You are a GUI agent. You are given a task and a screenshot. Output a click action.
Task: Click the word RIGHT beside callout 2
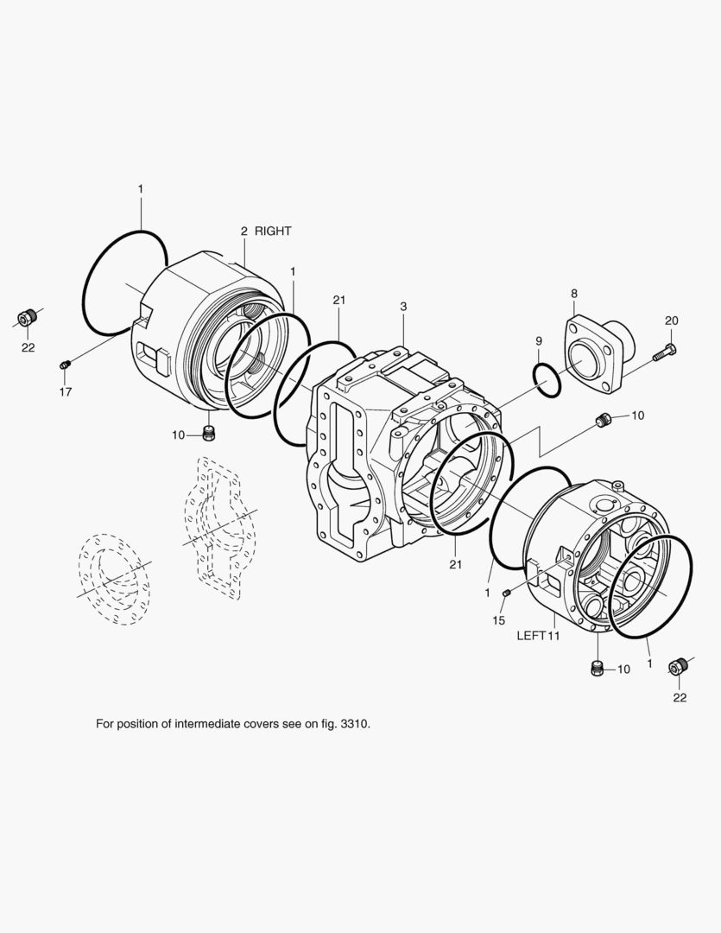click(x=273, y=231)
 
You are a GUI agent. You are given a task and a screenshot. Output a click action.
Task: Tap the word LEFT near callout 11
click(x=531, y=636)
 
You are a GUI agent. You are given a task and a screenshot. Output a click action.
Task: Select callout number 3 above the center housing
click(x=403, y=307)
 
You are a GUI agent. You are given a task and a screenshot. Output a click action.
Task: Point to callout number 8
click(x=574, y=294)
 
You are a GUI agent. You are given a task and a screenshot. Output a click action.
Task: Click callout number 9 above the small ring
click(x=539, y=341)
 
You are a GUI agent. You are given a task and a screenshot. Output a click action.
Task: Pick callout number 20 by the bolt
click(x=671, y=321)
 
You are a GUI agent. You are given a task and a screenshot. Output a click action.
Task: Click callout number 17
click(x=66, y=391)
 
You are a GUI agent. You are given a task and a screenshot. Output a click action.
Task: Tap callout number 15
click(x=498, y=620)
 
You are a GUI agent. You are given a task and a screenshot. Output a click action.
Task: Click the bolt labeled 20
click(x=665, y=352)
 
